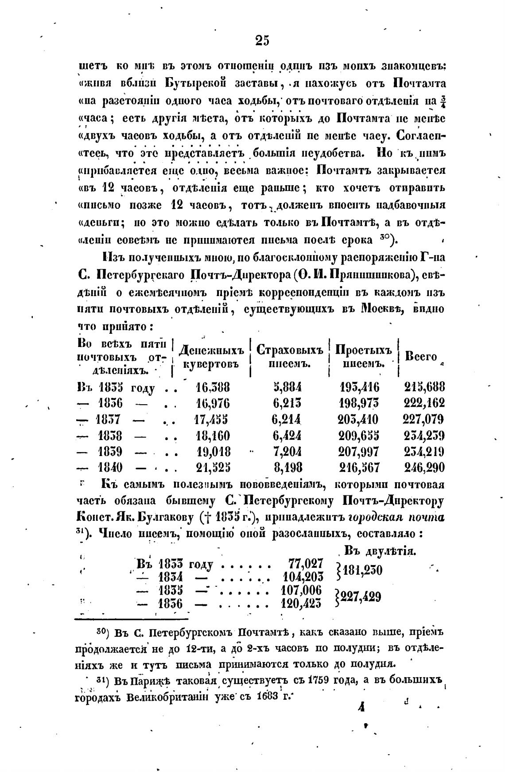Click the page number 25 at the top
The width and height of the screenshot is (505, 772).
coord(262,41)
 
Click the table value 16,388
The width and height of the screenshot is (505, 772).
coord(213,387)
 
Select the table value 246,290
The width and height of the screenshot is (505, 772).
coord(424,467)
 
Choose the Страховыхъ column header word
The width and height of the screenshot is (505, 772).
coord(289,351)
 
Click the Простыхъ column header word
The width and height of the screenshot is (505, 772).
coord(363,350)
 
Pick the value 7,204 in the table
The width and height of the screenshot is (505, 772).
coord(287,451)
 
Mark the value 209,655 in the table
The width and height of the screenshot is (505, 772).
coord(359,435)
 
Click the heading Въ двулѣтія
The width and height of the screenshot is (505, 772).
coord(379,551)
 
